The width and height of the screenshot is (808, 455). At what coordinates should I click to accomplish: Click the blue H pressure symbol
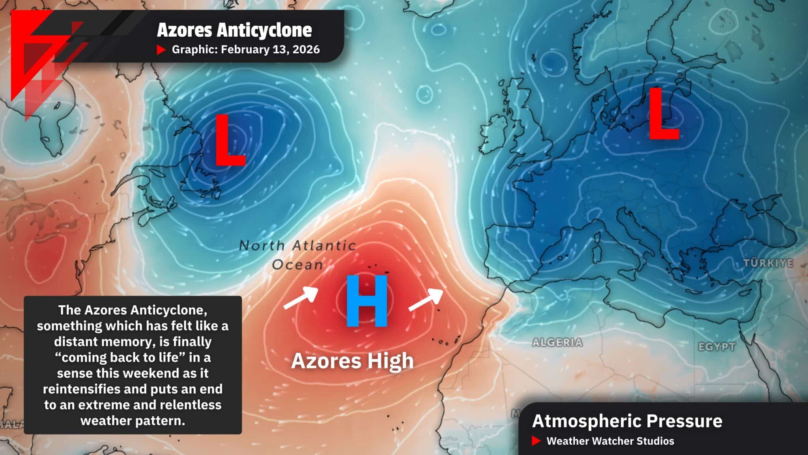pos(367,301)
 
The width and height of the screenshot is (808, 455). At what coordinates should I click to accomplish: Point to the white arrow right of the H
pos(426,299)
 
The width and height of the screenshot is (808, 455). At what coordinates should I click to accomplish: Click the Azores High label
pos(352,361)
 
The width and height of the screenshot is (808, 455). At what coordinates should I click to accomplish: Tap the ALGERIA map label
pos(557,342)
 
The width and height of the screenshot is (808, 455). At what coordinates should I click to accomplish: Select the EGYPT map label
pos(716,347)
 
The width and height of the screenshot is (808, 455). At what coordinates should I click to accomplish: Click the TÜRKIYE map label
pos(768,263)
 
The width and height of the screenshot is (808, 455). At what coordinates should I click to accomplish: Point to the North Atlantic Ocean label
pos(297,255)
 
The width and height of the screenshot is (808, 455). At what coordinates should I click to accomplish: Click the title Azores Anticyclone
pos(234,30)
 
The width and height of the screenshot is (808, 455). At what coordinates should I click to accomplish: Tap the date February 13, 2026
pos(270,50)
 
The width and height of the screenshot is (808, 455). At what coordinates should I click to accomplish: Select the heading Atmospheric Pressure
pos(627,421)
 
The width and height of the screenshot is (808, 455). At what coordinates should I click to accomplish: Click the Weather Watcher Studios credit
pos(610,441)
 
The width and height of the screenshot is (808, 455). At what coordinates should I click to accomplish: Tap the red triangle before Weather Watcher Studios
pos(536,441)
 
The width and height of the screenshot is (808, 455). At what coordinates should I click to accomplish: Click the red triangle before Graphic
pos(161,50)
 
